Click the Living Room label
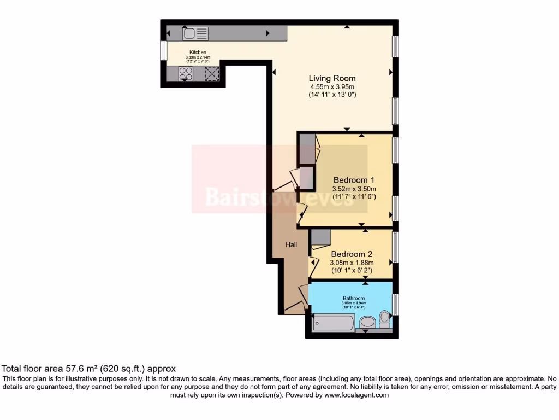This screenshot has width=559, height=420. pos(332,78)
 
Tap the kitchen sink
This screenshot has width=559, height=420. pos(195,34)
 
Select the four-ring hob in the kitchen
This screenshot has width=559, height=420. pos(186,73)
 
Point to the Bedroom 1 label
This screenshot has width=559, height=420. pos(354,180)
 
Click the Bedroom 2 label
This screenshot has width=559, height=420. pos(352,254)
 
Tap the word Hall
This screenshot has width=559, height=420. pos(292,245)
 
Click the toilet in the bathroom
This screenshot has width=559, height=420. pos(385,318)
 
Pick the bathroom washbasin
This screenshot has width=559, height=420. pos(367,322)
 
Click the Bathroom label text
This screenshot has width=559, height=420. pos(354,298)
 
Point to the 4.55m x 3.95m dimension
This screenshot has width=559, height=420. pos(332,87)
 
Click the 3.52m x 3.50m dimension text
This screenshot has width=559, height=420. pos(354,189)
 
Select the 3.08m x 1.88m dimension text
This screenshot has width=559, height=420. pos(352,262)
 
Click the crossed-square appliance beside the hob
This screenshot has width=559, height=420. pos(211,73)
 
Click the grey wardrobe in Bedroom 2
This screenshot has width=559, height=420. pos(321,237)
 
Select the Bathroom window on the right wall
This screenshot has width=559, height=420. pos(395,304)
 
